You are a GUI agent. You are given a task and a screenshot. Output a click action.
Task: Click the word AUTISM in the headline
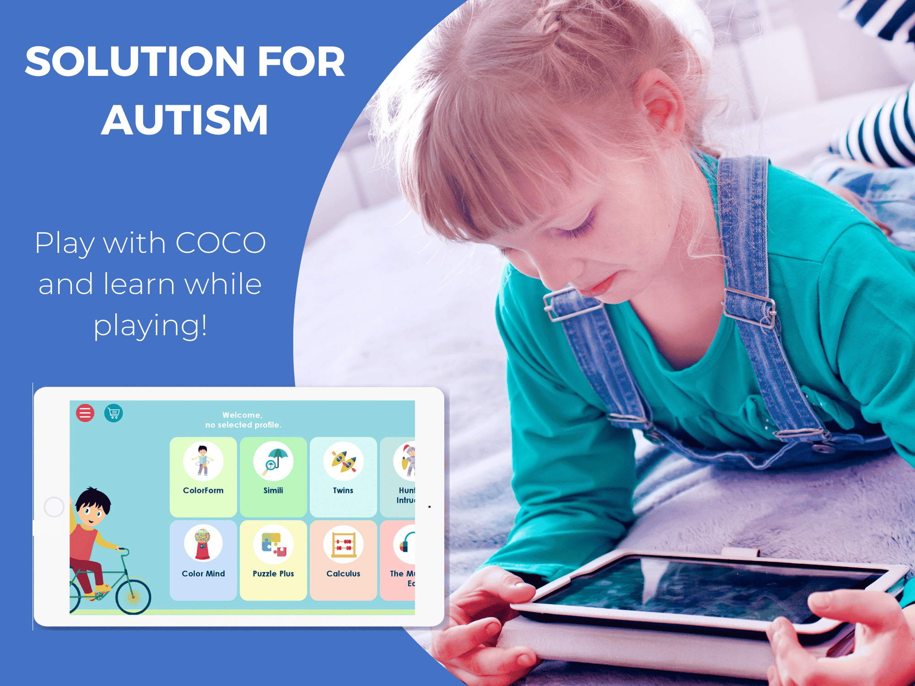point(184,120)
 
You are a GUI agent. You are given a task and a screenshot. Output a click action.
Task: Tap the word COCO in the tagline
point(220,242)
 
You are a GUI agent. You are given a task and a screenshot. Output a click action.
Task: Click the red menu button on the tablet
point(85,413)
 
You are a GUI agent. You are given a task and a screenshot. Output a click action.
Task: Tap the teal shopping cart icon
point(113,413)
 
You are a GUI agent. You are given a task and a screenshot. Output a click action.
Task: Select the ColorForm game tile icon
point(203,461)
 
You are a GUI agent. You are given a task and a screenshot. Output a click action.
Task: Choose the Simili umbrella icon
point(273,461)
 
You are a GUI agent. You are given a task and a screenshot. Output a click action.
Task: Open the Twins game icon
point(343,461)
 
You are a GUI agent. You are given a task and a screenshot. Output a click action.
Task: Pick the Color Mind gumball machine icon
point(203,544)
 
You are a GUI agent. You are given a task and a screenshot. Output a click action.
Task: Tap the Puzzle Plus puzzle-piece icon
point(273,544)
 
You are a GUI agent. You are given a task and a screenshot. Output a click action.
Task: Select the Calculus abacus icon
point(343,544)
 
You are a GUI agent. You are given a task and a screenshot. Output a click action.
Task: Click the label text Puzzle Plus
point(273,573)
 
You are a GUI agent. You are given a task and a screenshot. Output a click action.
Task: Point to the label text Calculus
point(343,573)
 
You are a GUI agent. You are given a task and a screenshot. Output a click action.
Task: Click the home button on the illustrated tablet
point(54,507)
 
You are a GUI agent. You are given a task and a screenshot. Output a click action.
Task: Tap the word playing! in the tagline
point(151,326)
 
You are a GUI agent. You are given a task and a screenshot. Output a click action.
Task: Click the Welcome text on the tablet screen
point(242,415)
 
